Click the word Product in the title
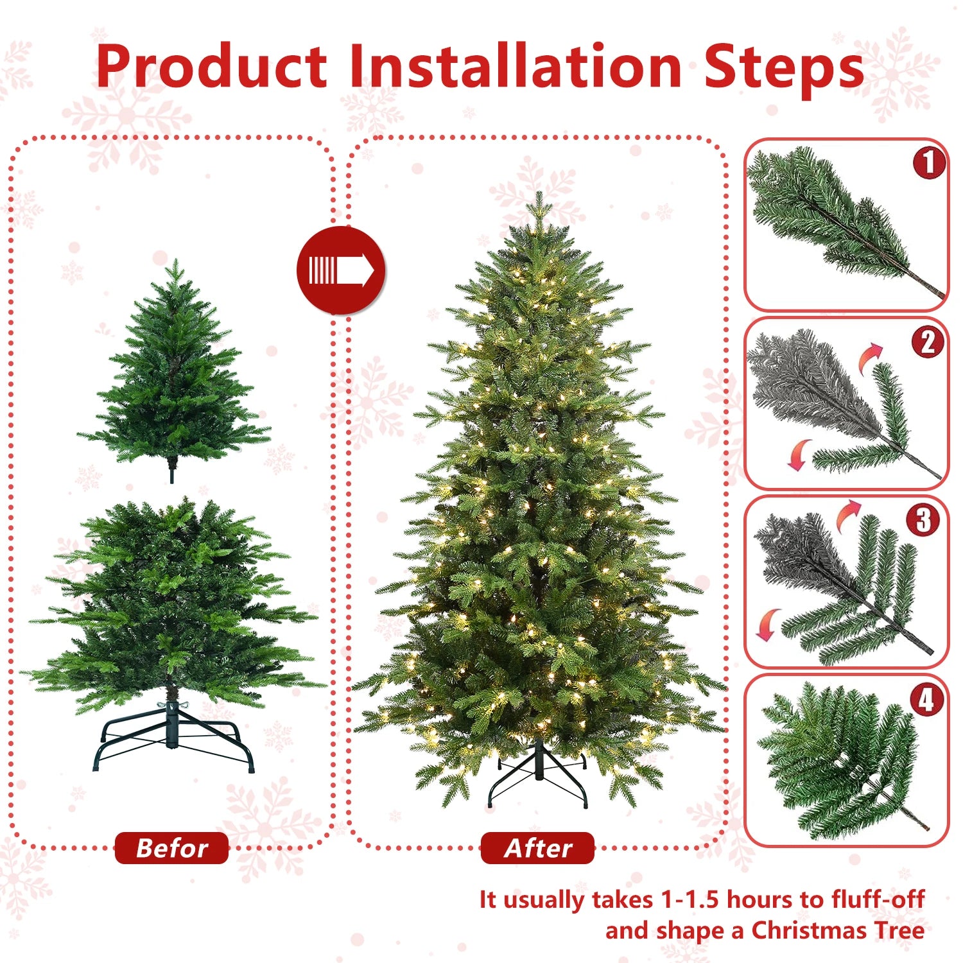tap(212, 67)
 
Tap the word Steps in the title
tap(784, 67)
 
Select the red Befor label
tap(171, 848)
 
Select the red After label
tap(537, 848)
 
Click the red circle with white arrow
tap(341, 270)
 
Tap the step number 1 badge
tap(929, 162)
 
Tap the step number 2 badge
tap(928, 342)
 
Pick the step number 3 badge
tap(923, 520)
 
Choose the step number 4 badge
tap(926, 699)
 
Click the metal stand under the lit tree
tap(538, 777)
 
